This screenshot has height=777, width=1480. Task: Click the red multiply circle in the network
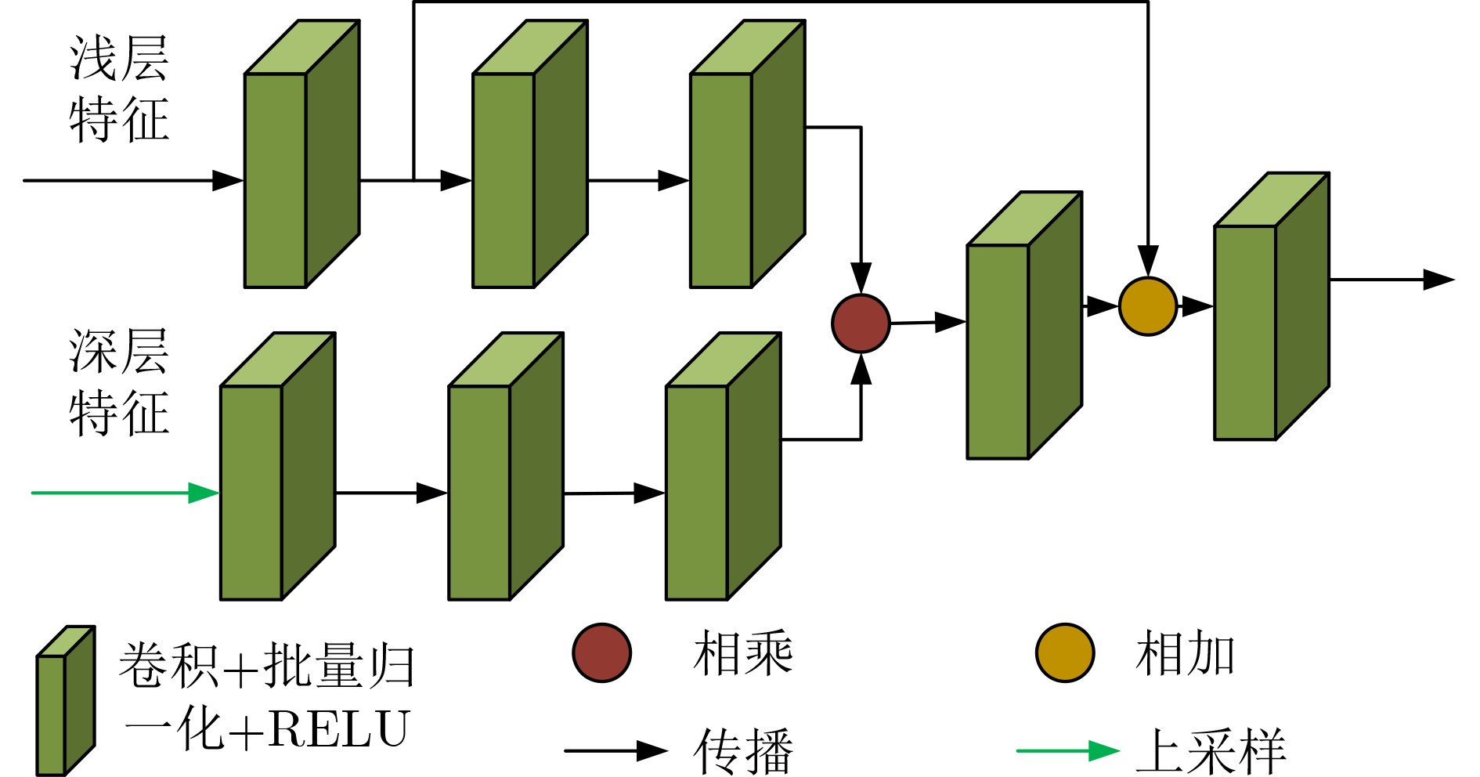(861, 323)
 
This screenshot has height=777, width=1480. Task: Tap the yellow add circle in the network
(1148, 306)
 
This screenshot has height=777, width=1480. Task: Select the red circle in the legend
(601, 652)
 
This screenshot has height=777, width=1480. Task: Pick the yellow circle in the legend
(1064, 652)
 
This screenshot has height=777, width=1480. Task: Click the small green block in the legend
(65, 701)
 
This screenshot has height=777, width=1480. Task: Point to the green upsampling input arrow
(125, 493)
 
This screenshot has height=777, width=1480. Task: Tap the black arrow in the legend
(615, 750)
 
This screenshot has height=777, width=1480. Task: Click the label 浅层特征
(119, 89)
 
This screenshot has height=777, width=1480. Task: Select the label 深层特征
(119, 381)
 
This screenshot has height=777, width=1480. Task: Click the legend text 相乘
(742, 653)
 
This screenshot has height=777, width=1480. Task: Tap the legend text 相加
(1185, 653)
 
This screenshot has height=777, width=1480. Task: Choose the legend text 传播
(742, 750)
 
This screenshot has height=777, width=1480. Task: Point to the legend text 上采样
(1210, 750)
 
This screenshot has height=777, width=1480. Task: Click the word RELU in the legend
(338, 728)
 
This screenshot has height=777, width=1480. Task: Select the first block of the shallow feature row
(301, 155)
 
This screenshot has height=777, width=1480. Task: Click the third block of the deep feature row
(723, 467)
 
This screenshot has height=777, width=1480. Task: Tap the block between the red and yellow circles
(1024, 326)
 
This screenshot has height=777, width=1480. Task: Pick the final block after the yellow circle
(1271, 307)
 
